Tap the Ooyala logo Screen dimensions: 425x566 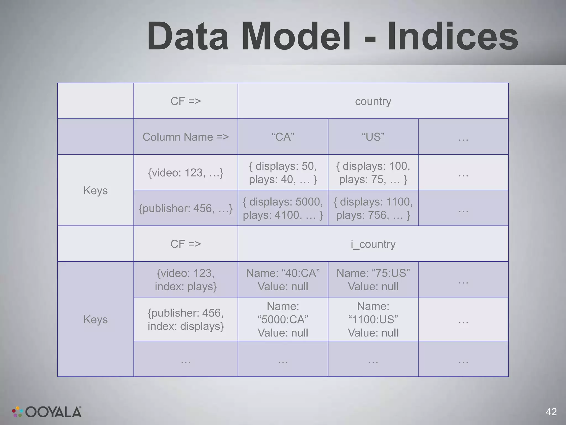[x=47, y=412]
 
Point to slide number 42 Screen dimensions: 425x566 [x=551, y=412]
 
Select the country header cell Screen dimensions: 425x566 [x=373, y=101]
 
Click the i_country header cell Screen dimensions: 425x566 [x=373, y=244]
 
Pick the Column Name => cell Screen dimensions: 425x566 [x=185, y=137]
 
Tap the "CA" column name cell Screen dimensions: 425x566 [x=283, y=137]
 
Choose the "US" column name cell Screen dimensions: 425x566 [x=373, y=137]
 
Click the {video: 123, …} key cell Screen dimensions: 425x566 [x=185, y=173]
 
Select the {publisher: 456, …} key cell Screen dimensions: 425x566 [x=185, y=208]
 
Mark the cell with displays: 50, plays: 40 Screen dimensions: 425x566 [x=283, y=173]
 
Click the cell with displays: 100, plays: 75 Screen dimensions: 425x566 [x=373, y=173]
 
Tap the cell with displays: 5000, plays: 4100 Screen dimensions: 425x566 [x=283, y=208]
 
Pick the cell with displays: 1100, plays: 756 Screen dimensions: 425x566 [x=373, y=208]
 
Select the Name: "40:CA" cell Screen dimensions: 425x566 [x=283, y=279]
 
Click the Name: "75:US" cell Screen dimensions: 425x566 [x=373, y=279]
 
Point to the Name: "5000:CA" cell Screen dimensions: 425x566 [x=283, y=319]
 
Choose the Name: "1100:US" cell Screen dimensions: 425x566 [x=373, y=319]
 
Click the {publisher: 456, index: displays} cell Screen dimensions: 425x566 [x=185, y=319]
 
